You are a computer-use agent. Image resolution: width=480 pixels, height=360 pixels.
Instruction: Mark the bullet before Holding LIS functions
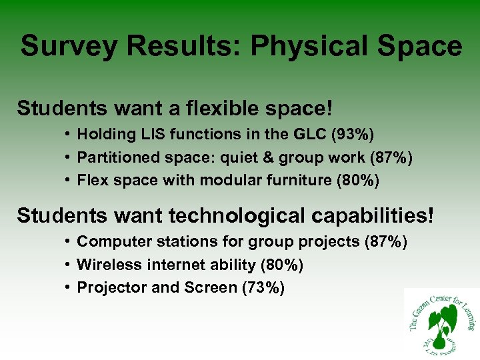(x=69, y=134)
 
